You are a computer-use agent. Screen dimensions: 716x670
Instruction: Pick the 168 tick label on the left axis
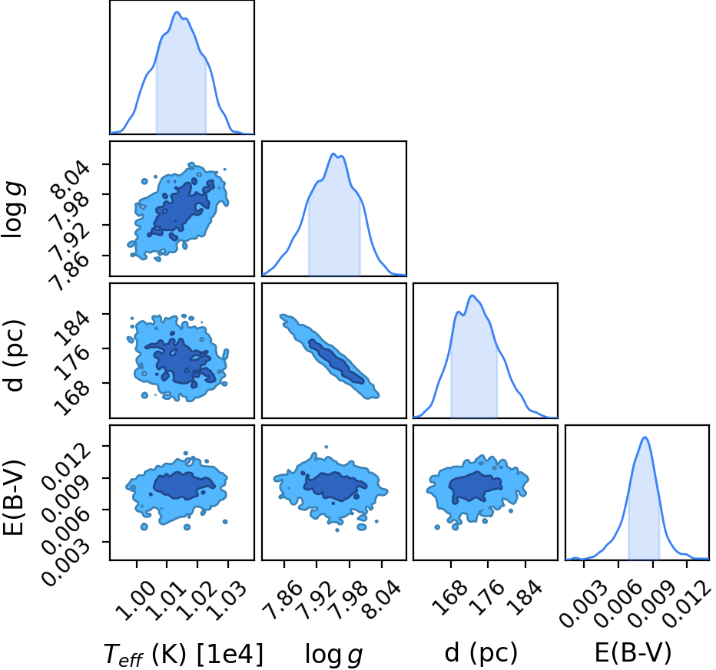point(70,398)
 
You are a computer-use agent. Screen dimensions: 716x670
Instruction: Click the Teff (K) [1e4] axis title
point(183,654)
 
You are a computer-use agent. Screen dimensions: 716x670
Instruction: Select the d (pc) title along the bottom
point(481,653)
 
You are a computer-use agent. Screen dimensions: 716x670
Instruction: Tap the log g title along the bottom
point(333,655)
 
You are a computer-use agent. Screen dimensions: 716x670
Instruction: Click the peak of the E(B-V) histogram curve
point(645,437)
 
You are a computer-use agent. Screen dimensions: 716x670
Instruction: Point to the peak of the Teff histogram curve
point(177,12)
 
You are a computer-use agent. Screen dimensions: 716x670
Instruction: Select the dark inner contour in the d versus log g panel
point(336,360)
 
